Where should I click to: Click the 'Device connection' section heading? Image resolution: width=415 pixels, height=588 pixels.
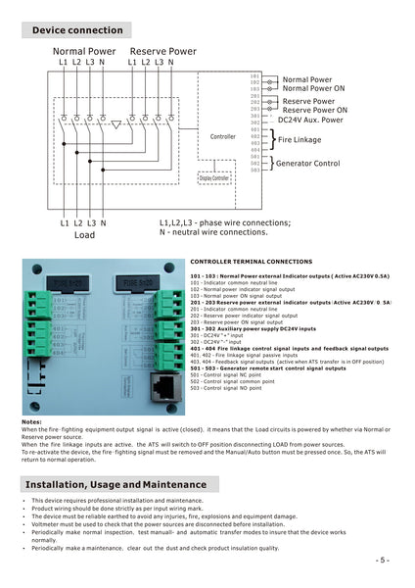pos(78,30)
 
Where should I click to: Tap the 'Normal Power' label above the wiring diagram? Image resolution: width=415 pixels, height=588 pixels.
pos(84,50)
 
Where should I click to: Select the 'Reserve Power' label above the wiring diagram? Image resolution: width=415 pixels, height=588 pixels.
pos(162,50)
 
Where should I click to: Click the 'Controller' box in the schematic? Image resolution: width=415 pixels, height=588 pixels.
pos(223,136)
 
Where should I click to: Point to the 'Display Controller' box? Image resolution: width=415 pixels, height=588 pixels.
pos(214,177)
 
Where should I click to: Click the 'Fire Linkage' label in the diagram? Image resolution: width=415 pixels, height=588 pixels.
pos(299,139)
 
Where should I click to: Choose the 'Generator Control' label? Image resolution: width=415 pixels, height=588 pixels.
pos(307,163)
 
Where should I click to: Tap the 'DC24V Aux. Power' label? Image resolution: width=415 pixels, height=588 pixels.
pos(310,120)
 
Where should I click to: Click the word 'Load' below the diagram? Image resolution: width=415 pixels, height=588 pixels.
pos(84,235)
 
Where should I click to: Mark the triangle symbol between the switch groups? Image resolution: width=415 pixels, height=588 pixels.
pos(116,124)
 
